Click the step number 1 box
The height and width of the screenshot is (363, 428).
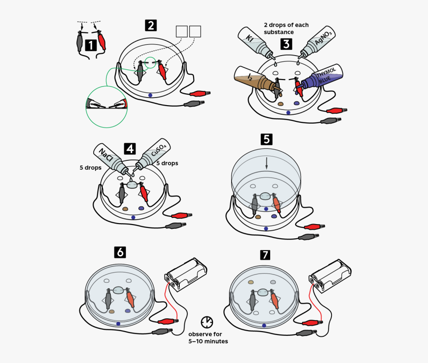(91, 45)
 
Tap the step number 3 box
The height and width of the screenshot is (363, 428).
(286, 44)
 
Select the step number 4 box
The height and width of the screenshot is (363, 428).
(129, 148)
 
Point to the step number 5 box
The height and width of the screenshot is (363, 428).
(266, 139)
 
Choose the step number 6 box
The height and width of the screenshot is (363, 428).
(120, 252)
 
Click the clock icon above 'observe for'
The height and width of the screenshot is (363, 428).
(207, 322)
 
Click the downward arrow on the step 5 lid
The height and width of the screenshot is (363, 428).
(267, 163)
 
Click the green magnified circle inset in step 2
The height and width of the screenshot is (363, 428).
(107, 107)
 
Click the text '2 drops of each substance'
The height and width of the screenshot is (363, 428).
(286, 28)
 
